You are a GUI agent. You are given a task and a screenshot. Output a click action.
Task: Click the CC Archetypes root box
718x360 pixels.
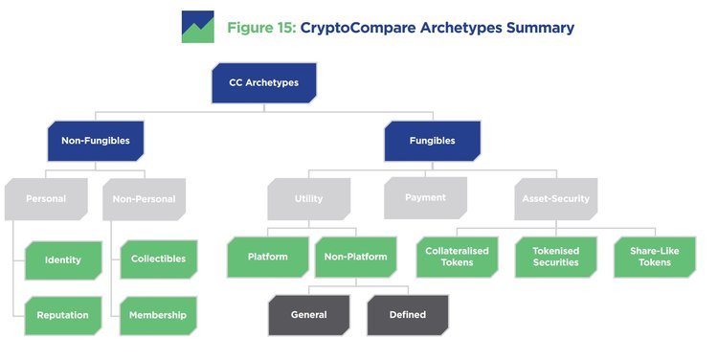[x=264, y=83]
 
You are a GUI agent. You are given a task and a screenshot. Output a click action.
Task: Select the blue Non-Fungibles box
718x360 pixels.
[x=96, y=141]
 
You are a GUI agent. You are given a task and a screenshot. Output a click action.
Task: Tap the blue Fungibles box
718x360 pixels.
[x=433, y=141]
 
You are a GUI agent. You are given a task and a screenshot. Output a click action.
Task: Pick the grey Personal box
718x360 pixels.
[x=45, y=199]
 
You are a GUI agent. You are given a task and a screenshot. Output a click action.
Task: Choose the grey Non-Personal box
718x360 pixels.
[x=144, y=199]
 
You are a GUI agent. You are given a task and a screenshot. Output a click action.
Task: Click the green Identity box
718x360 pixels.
[x=62, y=259]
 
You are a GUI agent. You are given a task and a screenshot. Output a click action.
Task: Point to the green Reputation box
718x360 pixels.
[x=62, y=315]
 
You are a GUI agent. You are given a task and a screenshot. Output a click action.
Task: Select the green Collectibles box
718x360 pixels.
[x=158, y=259]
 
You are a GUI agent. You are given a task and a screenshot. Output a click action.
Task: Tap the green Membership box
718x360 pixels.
[x=158, y=315]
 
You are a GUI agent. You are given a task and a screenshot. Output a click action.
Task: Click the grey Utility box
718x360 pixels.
[x=308, y=199]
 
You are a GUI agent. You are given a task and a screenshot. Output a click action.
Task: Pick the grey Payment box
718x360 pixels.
[x=425, y=198]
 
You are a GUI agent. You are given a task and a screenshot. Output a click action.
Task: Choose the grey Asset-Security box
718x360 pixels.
[x=555, y=199]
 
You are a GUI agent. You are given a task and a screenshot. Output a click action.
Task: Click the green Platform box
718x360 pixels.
[x=267, y=257]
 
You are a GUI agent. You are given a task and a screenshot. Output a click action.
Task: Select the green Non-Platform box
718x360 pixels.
[x=354, y=257]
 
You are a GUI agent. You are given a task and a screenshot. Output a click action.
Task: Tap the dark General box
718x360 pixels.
[x=308, y=315]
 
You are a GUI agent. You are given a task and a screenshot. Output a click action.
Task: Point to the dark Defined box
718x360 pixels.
[x=407, y=315]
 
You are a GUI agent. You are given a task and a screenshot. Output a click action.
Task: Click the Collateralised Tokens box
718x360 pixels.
[x=457, y=257]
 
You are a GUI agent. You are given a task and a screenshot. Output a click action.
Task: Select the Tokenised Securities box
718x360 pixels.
[x=555, y=257]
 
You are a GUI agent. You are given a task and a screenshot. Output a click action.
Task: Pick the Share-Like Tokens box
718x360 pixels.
[x=654, y=257]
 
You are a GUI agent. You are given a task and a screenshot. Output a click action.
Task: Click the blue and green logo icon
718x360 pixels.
[x=197, y=27]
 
